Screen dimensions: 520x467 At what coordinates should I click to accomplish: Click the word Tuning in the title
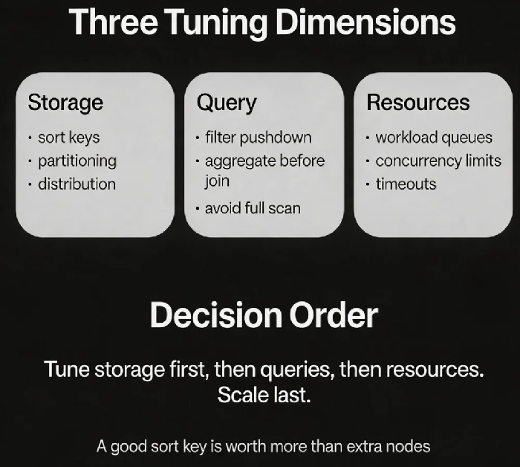click(x=218, y=23)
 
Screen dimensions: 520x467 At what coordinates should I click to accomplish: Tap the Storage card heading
click(x=65, y=103)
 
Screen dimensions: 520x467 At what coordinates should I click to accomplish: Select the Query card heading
click(x=227, y=103)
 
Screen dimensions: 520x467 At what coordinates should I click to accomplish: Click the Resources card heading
click(x=417, y=102)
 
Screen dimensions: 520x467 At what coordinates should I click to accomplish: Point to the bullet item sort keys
click(x=68, y=138)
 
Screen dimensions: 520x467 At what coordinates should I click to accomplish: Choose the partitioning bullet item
click(x=77, y=161)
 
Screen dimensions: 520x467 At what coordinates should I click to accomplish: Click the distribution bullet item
click(x=77, y=184)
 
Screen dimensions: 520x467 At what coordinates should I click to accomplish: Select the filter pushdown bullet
click(x=259, y=138)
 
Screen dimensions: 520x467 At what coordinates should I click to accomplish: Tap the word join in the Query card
click(x=217, y=181)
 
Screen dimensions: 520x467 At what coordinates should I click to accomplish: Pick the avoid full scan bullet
click(x=253, y=208)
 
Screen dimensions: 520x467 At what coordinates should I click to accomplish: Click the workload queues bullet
click(x=434, y=138)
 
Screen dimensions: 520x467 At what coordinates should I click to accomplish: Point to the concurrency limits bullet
click(x=438, y=161)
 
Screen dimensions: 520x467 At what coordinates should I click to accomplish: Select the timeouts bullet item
click(x=406, y=184)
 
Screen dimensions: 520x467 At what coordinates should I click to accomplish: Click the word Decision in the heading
click(x=216, y=315)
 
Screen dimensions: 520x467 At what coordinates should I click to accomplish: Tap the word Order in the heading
click(x=334, y=315)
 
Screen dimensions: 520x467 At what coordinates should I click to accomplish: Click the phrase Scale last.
click(x=264, y=395)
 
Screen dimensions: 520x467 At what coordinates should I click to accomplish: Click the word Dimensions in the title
click(x=365, y=22)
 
